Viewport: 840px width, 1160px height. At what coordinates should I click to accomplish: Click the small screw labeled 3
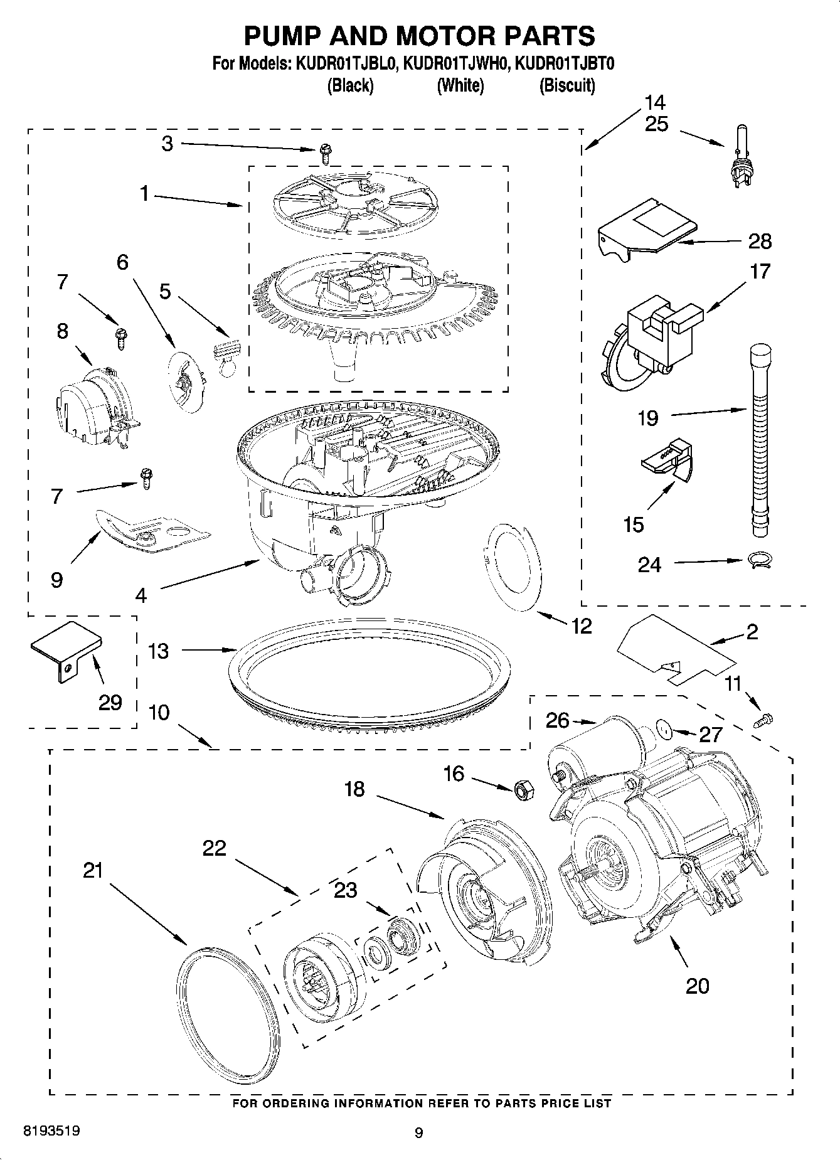325,150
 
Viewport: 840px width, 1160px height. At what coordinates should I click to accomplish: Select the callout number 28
760,242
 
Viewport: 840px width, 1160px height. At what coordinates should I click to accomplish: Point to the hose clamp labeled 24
760,560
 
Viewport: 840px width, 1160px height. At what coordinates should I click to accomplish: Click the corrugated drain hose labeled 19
760,439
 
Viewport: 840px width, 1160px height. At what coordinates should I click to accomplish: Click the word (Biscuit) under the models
567,85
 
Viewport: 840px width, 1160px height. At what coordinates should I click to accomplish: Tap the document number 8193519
51,1132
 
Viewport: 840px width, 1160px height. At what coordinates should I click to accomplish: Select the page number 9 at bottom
419,1132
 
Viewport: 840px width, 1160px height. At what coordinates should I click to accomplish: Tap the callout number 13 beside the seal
158,651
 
